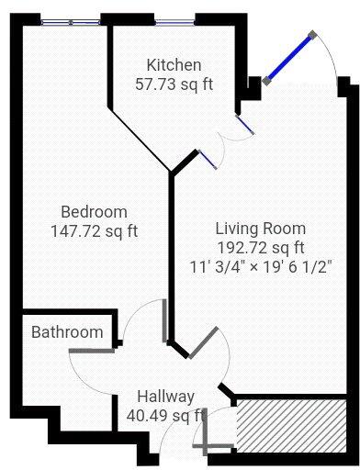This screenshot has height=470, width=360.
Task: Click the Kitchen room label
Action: click(174, 65)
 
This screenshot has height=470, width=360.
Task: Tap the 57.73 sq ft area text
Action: click(174, 84)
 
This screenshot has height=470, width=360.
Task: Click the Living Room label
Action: click(261, 228)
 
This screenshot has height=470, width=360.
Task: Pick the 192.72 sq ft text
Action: click(261, 247)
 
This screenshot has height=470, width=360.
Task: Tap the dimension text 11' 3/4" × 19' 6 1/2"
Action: click(261, 265)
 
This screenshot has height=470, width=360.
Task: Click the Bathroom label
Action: click(67, 331)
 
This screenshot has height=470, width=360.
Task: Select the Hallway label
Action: click(165, 397)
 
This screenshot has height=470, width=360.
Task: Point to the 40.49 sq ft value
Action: click(165, 416)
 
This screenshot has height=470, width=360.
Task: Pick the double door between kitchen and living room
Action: click(226, 142)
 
